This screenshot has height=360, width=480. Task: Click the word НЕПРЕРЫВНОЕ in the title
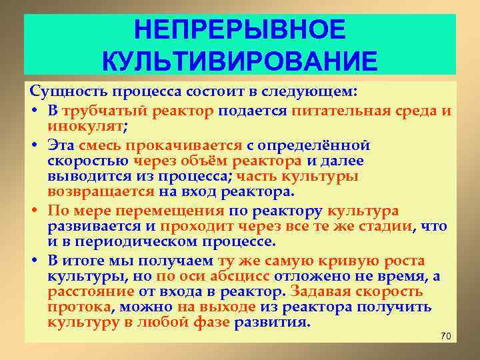coord(240,30)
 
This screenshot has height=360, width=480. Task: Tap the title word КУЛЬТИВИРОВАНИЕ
coord(240,62)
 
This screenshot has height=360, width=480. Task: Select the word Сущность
coord(62,90)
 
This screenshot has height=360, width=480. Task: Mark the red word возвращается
coord(101,193)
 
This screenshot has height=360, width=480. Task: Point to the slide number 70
coord(446,335)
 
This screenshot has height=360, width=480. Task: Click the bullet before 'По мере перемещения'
coord(34,212)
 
